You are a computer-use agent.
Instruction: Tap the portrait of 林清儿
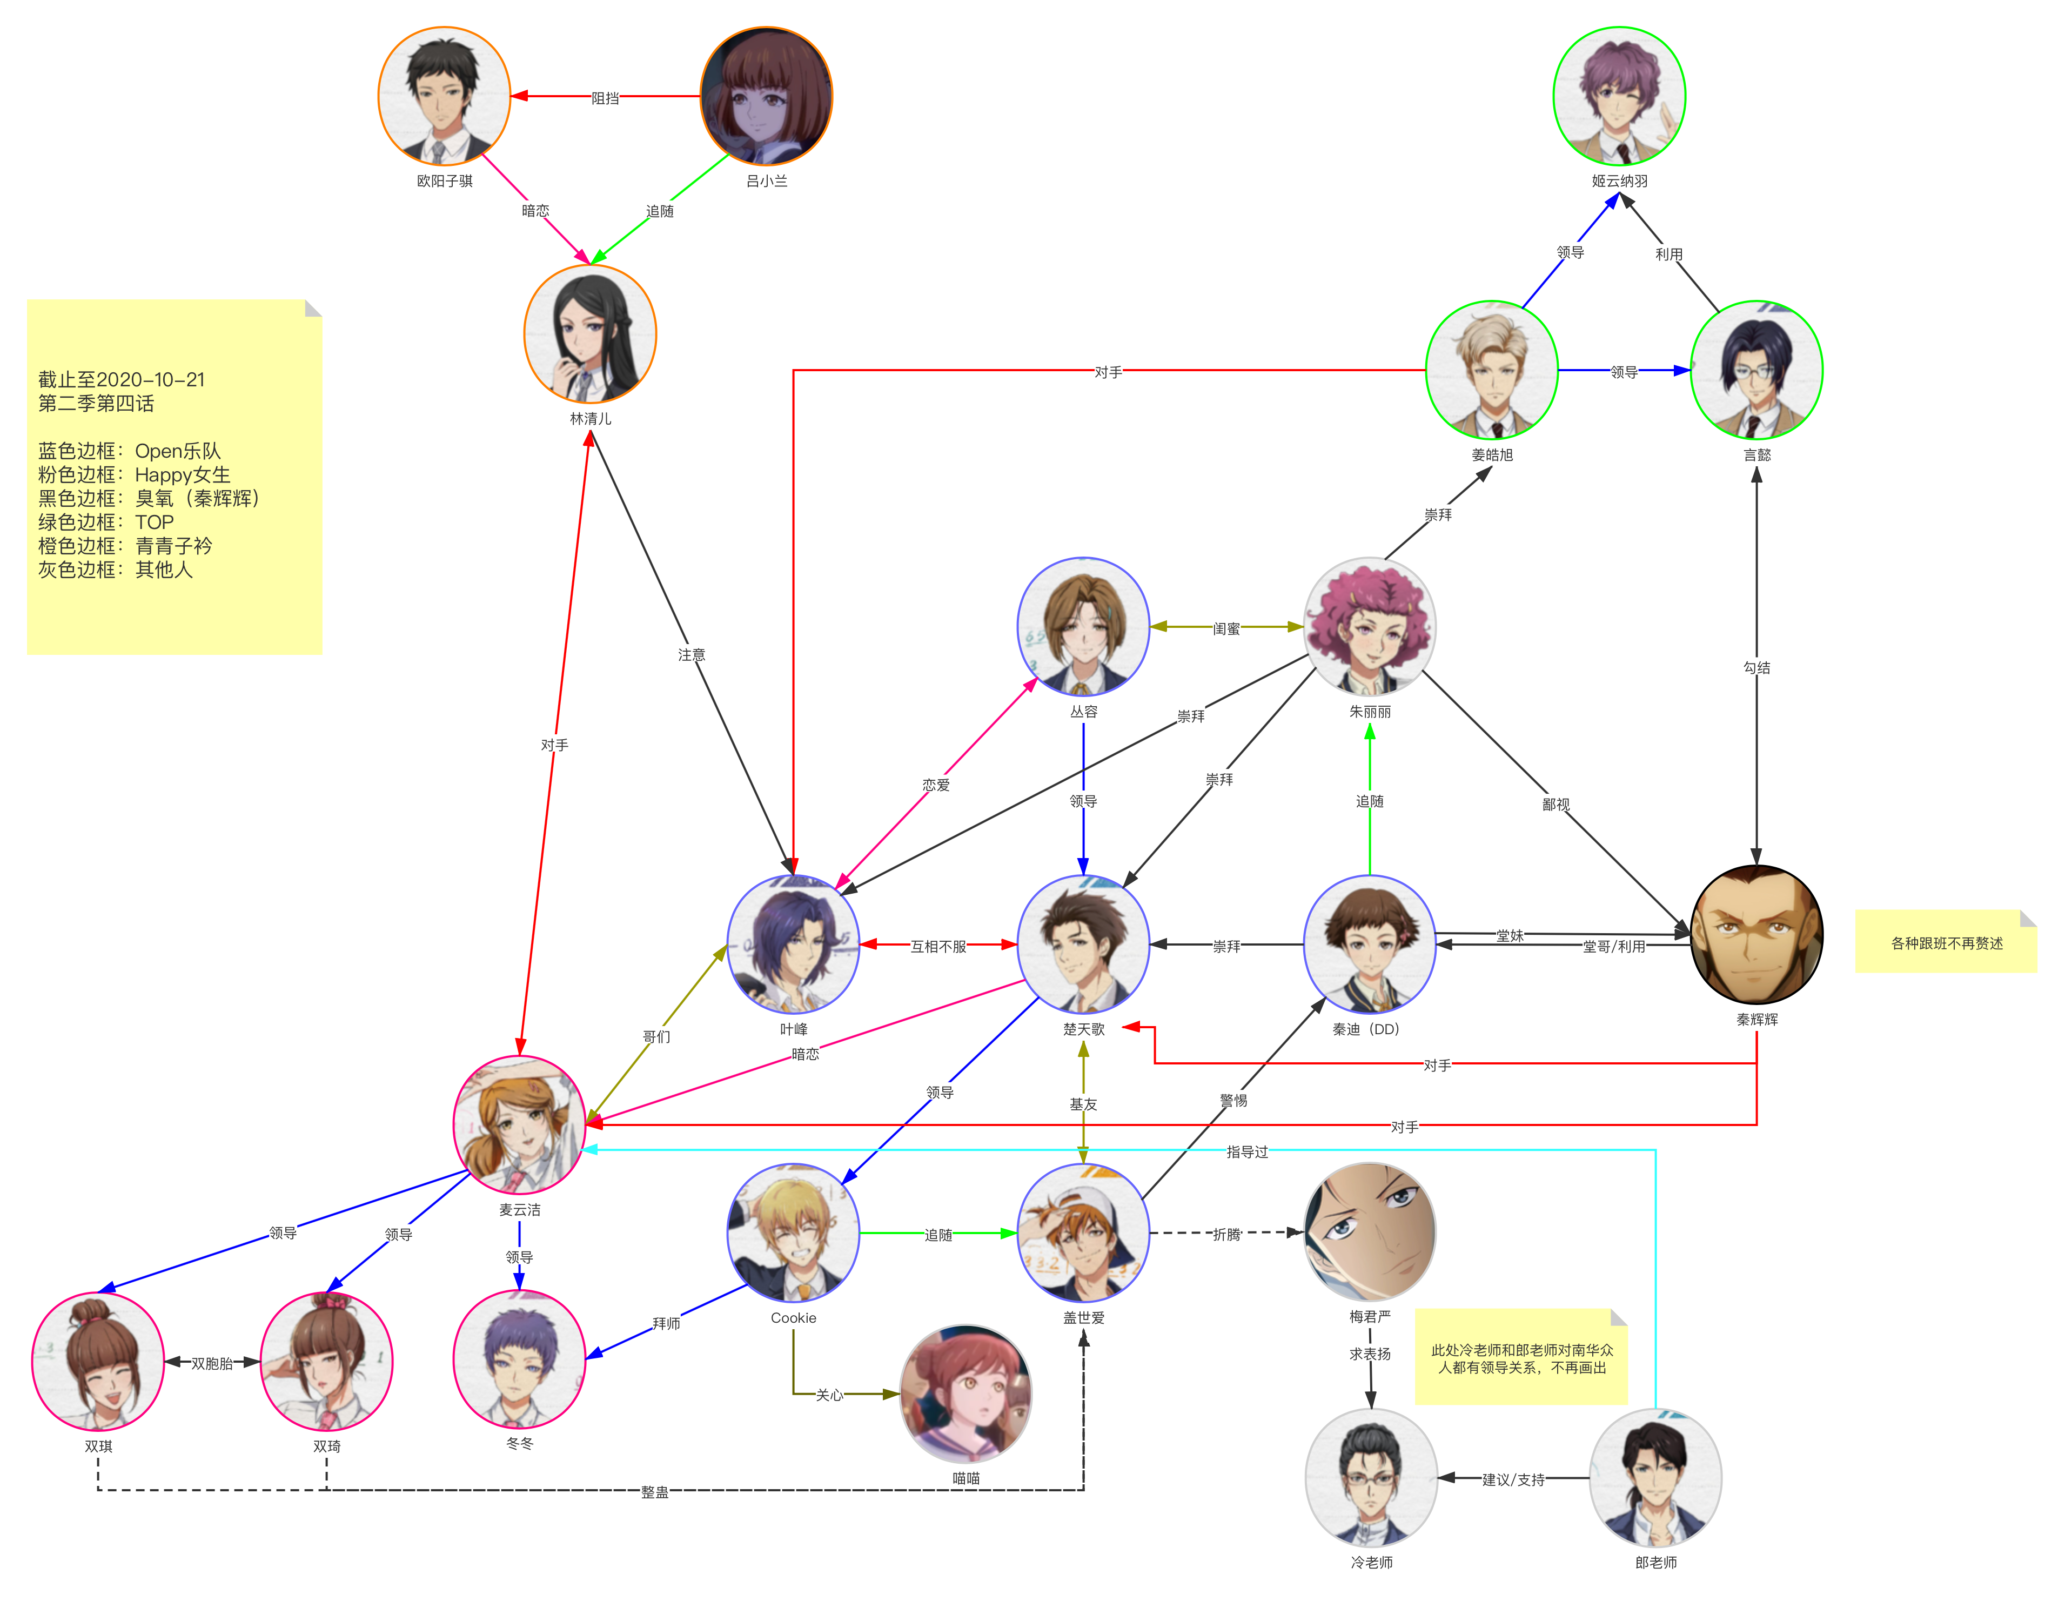tap(590, 334)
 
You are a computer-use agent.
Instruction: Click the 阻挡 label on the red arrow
tap(605, 97)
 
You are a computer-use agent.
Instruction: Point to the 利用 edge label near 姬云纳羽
tap(1669, 253)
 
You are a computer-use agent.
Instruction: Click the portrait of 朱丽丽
tap(1369, 626)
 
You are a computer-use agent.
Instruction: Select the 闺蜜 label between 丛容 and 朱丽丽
tap(1226, 628)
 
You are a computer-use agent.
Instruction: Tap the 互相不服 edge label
tap(938, 946)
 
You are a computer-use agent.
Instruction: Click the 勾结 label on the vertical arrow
tap(1756, 667)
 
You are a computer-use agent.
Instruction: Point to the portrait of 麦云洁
tap(519, 1123)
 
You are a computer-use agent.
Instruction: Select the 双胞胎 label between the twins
tap(212, 1363)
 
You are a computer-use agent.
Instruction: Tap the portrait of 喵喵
tap(966, 1393)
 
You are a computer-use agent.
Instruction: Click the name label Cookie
tap(793, 1317)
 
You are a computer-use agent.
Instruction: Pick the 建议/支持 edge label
tap(1513, 1479)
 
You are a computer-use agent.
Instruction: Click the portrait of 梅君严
tap(1369, 1231)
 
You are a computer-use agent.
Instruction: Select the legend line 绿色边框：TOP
tap(106, 522)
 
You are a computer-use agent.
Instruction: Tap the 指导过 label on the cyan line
tap(1247, 1151)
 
